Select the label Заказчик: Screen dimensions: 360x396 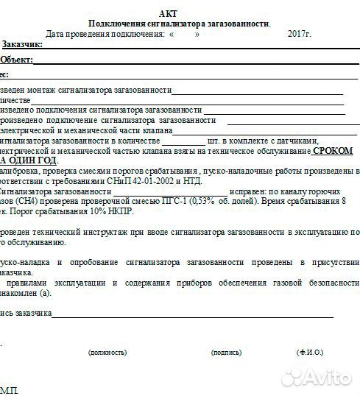[22, 45]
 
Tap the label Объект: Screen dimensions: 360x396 [16, 60]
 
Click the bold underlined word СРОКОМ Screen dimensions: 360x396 [332, 150]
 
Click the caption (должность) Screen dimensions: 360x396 [107, 352]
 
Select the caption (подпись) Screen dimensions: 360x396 [226, 352]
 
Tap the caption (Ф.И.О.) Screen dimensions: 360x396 [310, 352]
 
